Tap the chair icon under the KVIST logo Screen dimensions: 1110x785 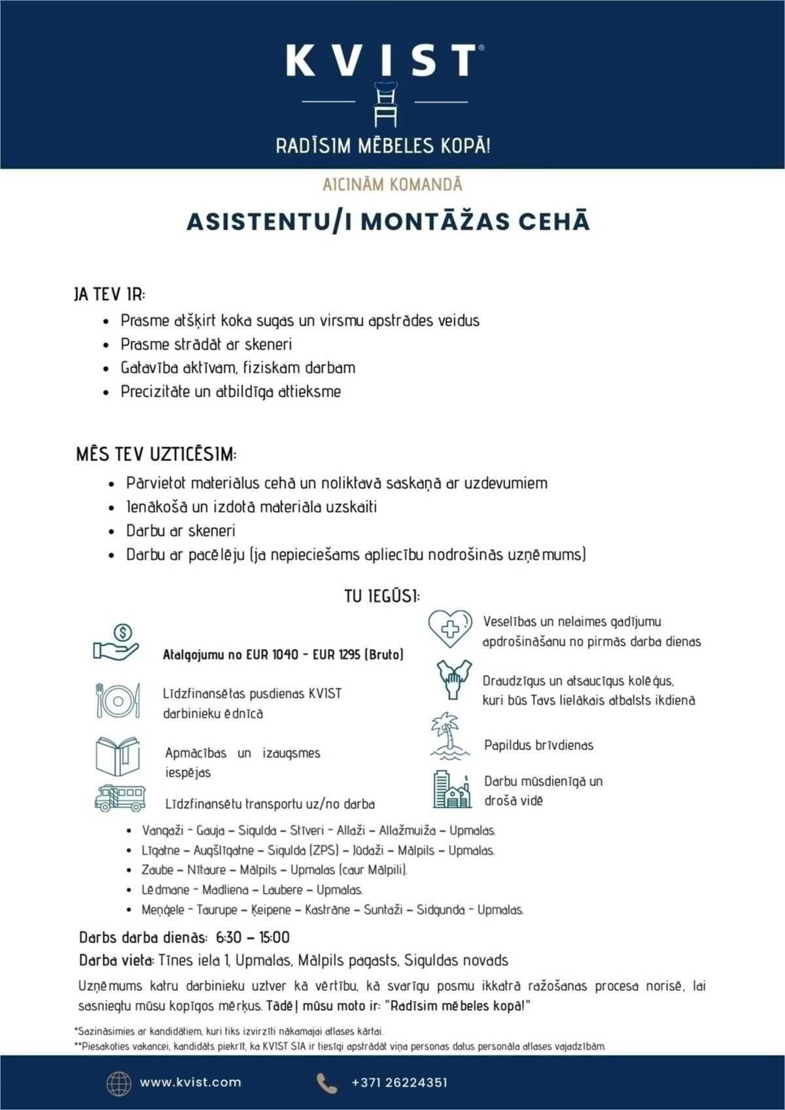(385, 104)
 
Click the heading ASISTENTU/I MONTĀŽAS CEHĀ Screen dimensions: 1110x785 (389, 221)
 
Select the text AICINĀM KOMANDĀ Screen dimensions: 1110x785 (392, 184)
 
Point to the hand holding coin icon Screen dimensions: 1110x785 (116, 642)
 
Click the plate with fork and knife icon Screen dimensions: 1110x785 (118, 701)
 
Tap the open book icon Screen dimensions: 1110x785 (118, 756)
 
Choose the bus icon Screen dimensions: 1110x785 (120, 798)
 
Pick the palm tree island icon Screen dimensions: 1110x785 (450, 737)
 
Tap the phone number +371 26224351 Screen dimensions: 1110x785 (399, 1083)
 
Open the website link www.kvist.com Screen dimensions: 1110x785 (190, 1083)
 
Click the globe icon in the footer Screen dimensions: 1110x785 (118, 1083)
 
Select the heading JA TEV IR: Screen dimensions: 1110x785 (109, 294)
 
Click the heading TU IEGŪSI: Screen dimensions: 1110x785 (383, 597)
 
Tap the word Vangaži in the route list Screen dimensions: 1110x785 (163, 831)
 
